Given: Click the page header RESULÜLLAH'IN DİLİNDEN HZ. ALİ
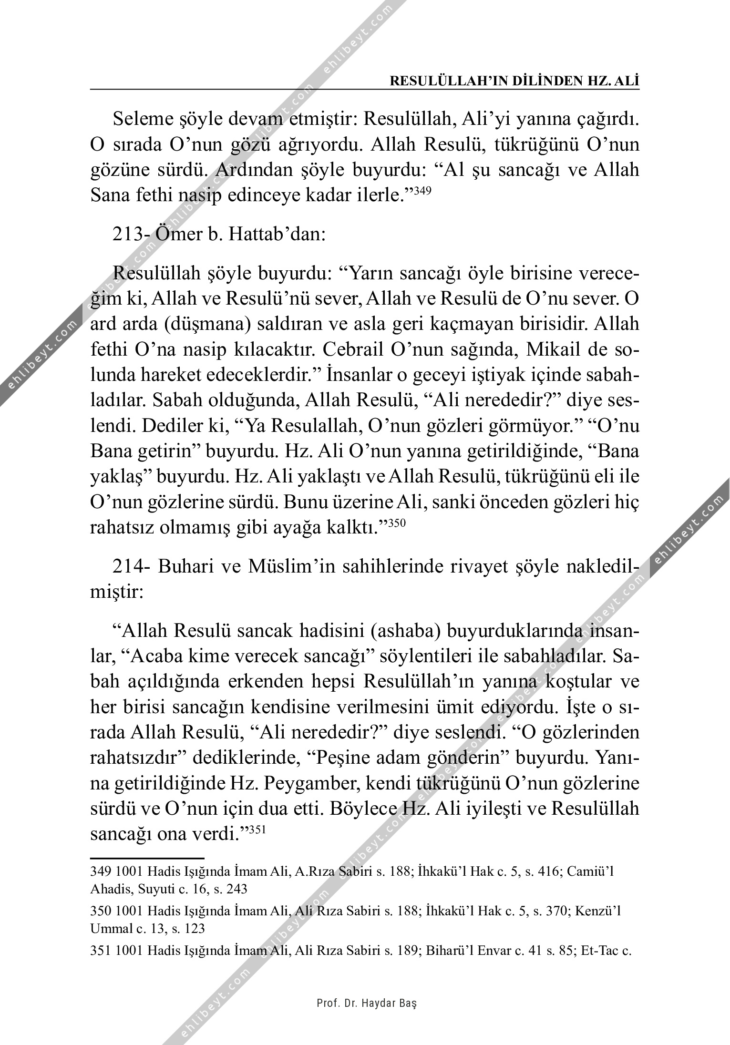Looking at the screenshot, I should pos(514,81).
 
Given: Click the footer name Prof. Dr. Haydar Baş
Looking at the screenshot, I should pos(367,1004).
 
